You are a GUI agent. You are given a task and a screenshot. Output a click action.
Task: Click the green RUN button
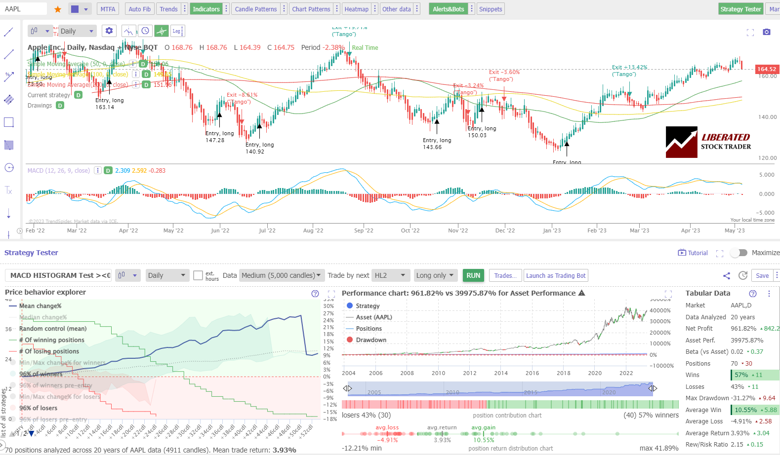click(x=473, y=275)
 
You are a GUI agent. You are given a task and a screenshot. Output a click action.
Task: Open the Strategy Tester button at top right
click(x=740, y=9)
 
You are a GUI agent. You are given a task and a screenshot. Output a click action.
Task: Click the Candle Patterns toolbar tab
click(x=255, y=9)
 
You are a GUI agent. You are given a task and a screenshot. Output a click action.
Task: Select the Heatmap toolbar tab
click(x=356, y=9)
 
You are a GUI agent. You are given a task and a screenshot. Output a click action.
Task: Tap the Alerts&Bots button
click(x=448, y=9)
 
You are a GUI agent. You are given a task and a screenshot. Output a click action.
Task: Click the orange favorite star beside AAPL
click(x=58, y=9)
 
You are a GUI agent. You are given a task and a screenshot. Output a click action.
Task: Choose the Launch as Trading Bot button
click(x=556, y=275)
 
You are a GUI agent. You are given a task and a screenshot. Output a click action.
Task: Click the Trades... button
click(x=505, y=275)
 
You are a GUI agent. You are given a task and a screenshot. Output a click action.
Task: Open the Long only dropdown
click(x=435, y=275)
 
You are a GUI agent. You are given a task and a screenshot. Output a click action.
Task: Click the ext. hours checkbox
click(x=198, y=275)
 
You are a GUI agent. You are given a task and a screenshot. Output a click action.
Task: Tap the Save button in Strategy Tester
click(x=762, y=275)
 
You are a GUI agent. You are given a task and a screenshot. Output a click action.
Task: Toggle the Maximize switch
click(x=739, y=253)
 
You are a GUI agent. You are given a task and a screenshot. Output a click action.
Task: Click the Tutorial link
click(x=693, y=253)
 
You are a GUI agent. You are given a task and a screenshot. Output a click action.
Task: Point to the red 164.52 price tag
click(x=767, y=69)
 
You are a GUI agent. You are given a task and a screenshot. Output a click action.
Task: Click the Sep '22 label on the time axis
click(x=364, y=230)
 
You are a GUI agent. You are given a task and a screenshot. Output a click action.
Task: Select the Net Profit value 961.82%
click(x=743, y=329)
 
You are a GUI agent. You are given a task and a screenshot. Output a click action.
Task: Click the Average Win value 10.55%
click(x=745, y=410)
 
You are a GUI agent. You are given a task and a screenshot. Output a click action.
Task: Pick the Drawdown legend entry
click(x=370, y=340)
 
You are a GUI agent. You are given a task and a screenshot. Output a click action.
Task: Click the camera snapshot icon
click(x=766, y=32)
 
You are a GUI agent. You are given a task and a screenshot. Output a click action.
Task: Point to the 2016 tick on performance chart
click(x=532, y=373)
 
